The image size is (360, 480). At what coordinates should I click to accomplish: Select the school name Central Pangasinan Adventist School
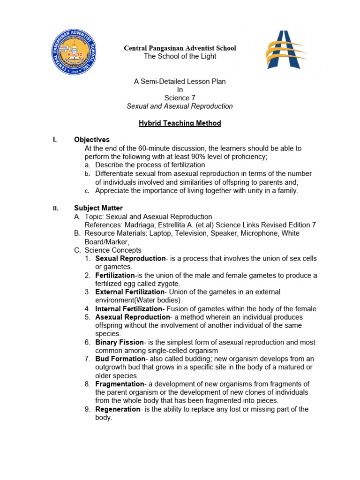click(x=180, y=48)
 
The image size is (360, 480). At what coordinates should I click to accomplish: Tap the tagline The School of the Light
click(x=180, y=56)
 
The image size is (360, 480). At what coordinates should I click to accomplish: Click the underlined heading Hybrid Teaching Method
click(x=180, y=123)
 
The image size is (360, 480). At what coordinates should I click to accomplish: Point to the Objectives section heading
click(x=92, y=140)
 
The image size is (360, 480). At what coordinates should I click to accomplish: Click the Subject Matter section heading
click(x=98, y=208)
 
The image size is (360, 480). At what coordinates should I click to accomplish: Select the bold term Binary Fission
click(x=120, y=342)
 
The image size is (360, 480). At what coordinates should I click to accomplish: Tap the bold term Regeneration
click(x=118, y=409)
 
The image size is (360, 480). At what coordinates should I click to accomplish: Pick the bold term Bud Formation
click(x=120, y=359)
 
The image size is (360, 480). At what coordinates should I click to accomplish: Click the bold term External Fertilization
click(x=130, y=292)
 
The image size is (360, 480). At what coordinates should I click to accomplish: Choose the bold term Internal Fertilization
click(x=130, y=309)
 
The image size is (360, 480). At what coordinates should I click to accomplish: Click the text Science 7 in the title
click(x=180, y=98)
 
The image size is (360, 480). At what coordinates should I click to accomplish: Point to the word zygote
click(x=169, y=284)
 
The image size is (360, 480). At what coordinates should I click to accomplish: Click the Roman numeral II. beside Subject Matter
click(x=55, y=209)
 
